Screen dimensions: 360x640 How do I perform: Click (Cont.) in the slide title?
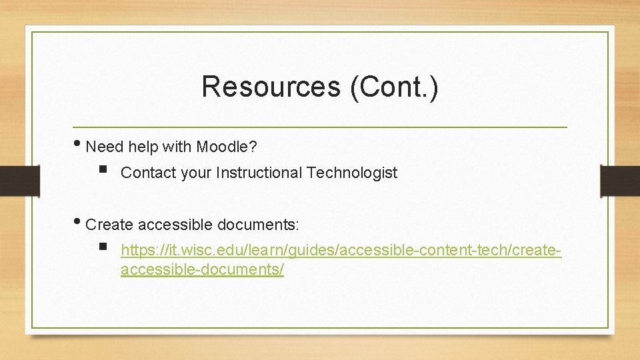394,87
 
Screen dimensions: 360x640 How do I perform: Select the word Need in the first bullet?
105,146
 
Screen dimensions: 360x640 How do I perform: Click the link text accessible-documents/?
202,270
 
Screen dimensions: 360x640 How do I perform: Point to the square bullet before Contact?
102,171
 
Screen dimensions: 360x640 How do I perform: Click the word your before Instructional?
195,173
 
